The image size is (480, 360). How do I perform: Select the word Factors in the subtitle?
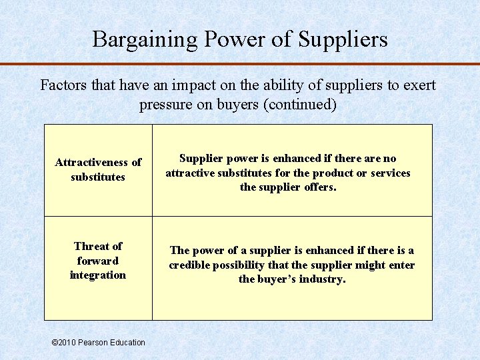[x=61, y=86]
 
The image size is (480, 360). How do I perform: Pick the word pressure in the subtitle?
[x=165, y=105]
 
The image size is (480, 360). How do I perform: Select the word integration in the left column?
[x=98, y=275]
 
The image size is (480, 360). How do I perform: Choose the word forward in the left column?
[x=97, y=261]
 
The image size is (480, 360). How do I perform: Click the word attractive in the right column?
[x=191, y=173]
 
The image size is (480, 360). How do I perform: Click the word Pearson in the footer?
[x=93, y=343]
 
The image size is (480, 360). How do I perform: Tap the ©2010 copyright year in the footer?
[x=63, y=343]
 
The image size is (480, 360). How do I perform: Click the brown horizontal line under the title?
[x=240, y=64]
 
